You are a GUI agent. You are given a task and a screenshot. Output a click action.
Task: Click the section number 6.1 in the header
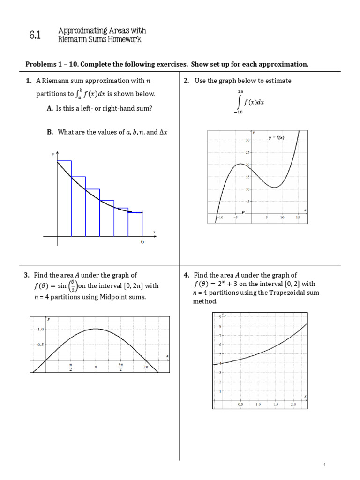point(35,35)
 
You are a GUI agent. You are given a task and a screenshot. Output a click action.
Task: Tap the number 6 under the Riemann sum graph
point(142,242)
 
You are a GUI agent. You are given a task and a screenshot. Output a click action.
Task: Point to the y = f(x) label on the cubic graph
point(277,138)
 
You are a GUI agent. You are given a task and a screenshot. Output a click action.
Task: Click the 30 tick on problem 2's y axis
point(247,140)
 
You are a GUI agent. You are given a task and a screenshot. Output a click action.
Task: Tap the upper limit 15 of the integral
point(240,92)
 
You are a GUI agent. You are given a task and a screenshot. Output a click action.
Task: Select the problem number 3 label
point(27,275)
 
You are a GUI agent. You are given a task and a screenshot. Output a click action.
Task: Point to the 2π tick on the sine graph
point(146,367)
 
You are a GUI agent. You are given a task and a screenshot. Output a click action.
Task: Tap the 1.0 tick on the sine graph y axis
point(40,329)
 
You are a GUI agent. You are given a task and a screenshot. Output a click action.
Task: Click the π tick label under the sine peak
point(96,367)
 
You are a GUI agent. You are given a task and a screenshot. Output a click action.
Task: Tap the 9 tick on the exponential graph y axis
point(220,317)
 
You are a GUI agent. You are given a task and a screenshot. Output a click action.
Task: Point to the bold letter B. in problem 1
point(50,132)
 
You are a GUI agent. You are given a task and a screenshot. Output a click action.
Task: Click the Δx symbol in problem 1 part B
point(163,132)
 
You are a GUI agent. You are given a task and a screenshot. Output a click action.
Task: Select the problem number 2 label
point(186,81)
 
